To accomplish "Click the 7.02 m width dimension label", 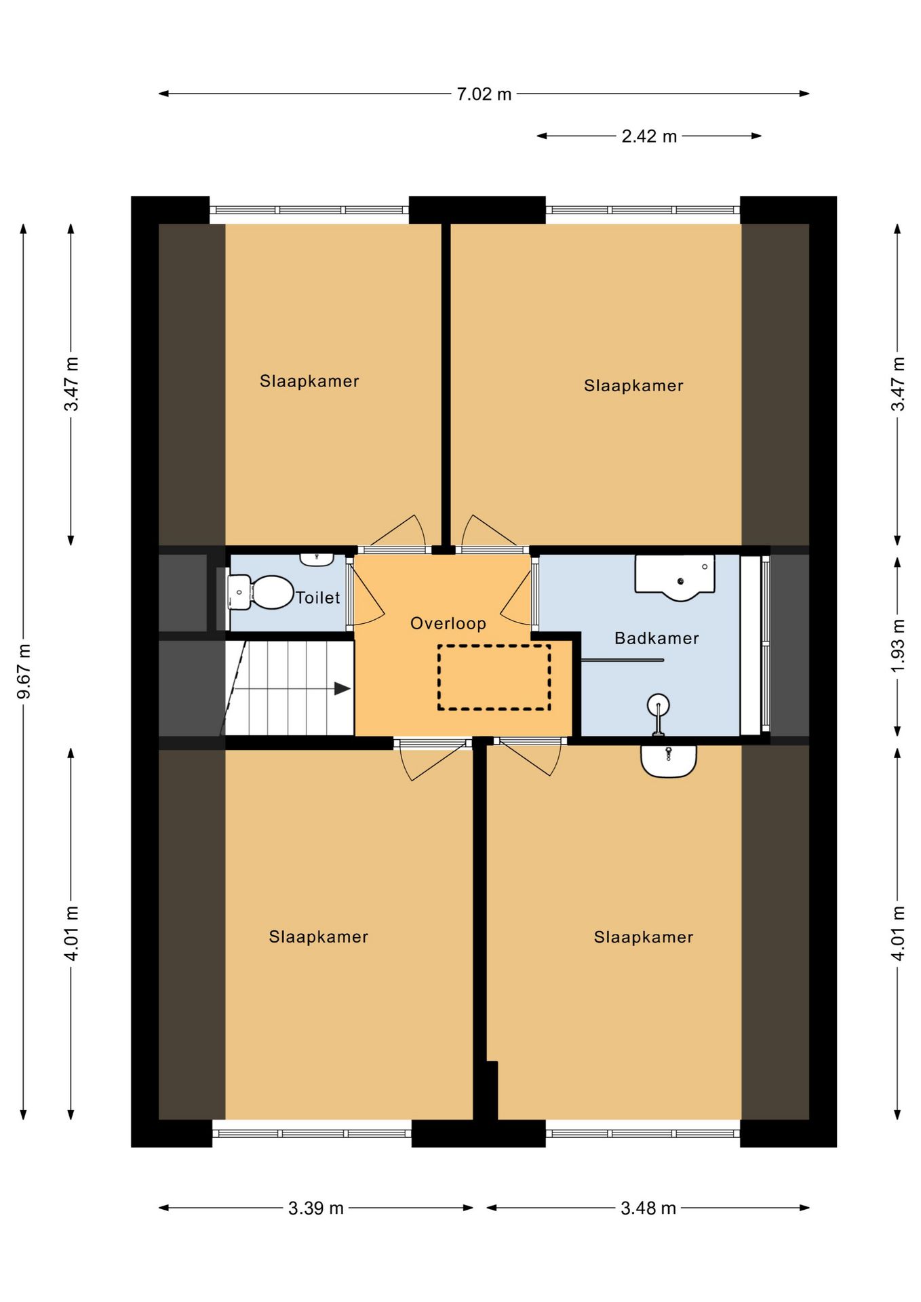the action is pyautogui.click(x=484, y=94).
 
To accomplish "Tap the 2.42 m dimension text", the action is pyautogui.click(x=649, y=136).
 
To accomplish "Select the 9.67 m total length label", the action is pyautogui.click(x=24, y=671).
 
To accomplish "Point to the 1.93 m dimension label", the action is pyautogui.click(x=898, y=646).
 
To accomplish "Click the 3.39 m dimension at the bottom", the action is pyautogui.click(x=316, y=1208).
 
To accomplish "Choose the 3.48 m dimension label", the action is pyautogui.click(x=648, y=1208).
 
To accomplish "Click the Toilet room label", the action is pyautogui.click(x=318, y=597).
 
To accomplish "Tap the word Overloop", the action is pyautogui.click(x=448, y=624).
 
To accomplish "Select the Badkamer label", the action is pyautogui.click(x=657, y=638).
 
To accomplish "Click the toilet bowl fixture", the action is pyautogui.click(x=260, y=592).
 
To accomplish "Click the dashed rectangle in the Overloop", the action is pyautogui.click(x=494, y=677).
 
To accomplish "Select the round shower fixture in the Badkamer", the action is pyautogui.click(x=658, y=706).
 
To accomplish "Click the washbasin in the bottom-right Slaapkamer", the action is pyautogui.click(x=669, y=761).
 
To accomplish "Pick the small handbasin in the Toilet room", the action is pyautogui.click(x=317, y=559).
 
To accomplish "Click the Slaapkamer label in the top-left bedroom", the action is pyautogui.click(x=309, y=381).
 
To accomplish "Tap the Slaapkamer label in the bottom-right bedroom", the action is pyautogui.click(x=644, y=937).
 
